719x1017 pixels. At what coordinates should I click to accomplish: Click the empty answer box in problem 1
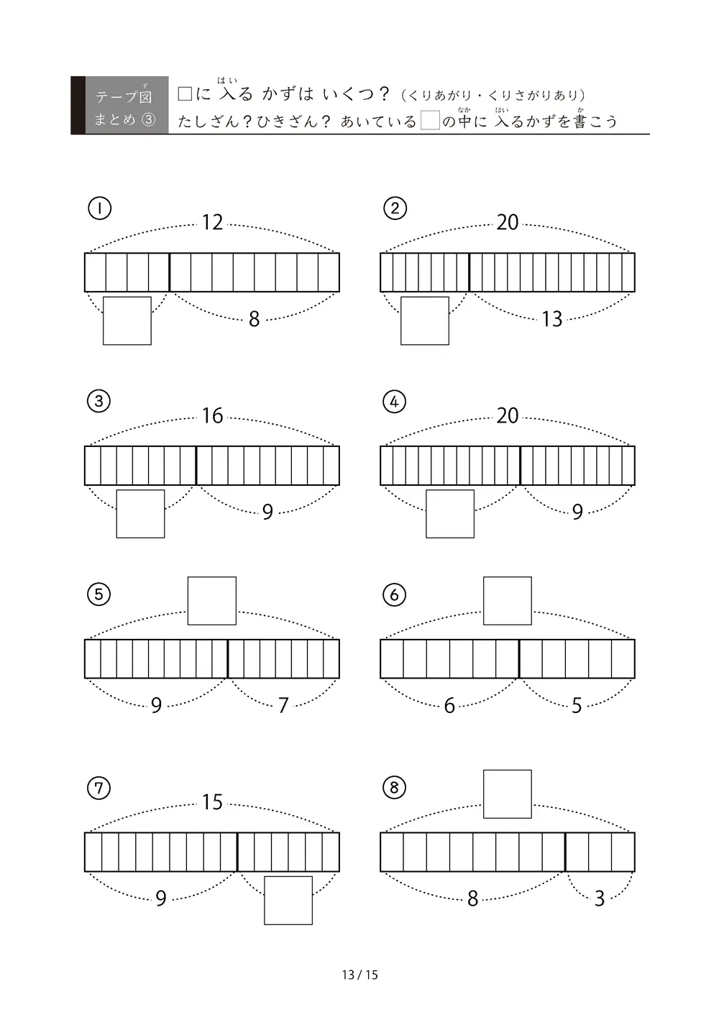127,321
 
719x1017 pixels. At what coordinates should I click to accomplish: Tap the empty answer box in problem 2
425,321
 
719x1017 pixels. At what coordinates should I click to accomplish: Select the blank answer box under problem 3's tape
140,513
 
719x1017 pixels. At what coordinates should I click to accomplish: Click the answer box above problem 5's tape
211,601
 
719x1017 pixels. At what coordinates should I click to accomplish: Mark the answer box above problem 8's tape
508,794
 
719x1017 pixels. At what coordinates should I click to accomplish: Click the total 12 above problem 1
212,223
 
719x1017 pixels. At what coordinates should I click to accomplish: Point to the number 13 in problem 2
552,319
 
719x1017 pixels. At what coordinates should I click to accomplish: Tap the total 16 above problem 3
212,415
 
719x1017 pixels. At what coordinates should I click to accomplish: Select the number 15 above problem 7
212,802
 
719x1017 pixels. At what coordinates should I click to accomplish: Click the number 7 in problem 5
283,705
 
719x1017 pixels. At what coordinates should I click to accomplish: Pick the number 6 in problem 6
449,705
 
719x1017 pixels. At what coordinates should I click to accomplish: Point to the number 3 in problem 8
600,898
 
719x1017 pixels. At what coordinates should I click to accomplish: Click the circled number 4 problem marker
394,401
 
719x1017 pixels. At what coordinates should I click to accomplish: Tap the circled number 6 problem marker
394,594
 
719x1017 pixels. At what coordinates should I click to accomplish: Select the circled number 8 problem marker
394,787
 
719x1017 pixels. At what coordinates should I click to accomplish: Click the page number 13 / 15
359,975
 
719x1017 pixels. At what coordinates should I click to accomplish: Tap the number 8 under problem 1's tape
255,319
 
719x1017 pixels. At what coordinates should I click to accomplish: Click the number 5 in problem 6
577,705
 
